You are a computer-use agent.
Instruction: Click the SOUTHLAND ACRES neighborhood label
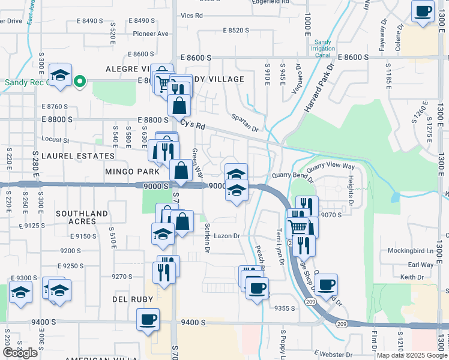pyautogui.click(x=82, y=217)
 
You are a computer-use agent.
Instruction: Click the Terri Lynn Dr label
pyautogui.click(x=279, y=246)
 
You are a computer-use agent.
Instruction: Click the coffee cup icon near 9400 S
pyautogui.click(x=148, y=319)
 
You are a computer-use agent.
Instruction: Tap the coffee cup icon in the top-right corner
pyautogui.click(x=423, y=11)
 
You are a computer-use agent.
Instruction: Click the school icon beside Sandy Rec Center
pyautogui.click(x=60, y=75)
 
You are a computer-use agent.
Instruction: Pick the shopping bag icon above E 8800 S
pyautogui.click(x=179, y=105)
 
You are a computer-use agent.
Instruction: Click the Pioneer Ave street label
pyautogui.click(x=151, y=34)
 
